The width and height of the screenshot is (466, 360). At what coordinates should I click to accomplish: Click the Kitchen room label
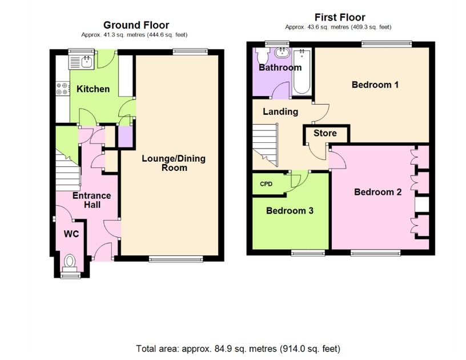tap(93, 89)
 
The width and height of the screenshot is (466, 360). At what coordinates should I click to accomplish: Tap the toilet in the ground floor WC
tap(70, 263)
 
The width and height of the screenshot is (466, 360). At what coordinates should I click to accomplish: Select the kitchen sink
tap(81, 62)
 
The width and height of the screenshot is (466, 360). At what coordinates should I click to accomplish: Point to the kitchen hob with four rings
tap(63, 89)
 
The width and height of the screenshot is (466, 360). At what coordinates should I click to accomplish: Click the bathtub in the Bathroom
tap(302, 71)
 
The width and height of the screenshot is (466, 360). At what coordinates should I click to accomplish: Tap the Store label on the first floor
tap(325, 133)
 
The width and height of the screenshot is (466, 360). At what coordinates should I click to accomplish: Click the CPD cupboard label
tap(266, 184)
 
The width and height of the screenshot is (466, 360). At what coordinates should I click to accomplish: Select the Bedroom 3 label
tap(290, 211)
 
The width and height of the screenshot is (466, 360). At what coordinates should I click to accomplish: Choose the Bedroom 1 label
tap(375, 85)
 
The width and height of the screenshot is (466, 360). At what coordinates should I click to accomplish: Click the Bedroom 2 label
tap(377, 192)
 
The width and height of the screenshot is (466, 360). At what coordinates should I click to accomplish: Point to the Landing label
tap(280, 112)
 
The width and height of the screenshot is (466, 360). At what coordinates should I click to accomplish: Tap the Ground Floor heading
tap(136, 25)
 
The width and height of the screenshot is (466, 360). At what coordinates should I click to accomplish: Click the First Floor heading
tap(340, 17)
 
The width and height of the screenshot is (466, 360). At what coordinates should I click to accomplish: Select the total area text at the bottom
tap(238, 349)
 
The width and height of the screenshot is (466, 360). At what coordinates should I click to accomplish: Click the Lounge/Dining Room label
tap(174, 163)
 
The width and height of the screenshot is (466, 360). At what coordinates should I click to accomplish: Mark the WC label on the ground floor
tap(71, 234)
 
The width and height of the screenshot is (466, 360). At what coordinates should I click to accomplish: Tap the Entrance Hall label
tap(92, 200)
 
